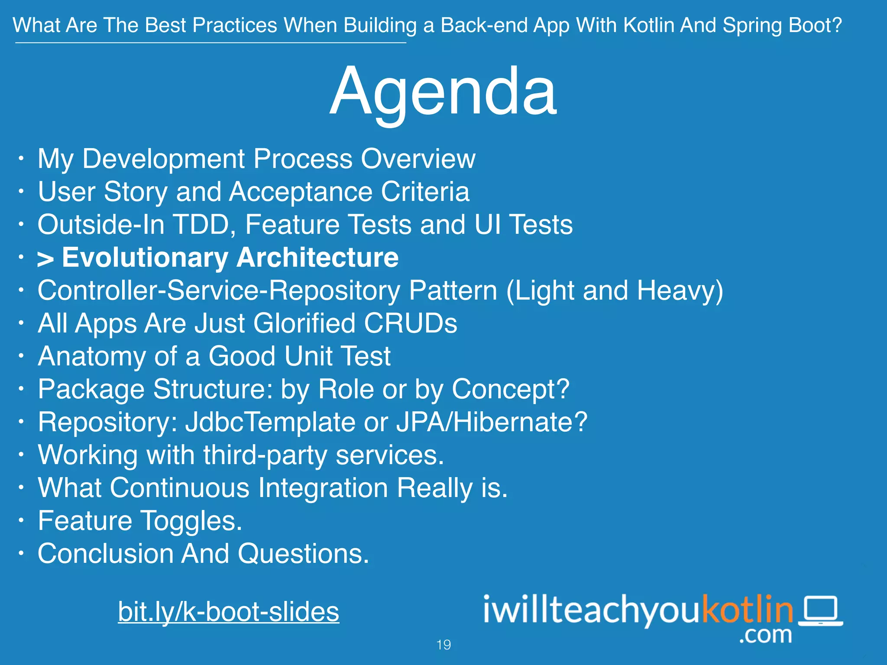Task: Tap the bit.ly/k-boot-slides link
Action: pyautogui.click(x=228, y=612)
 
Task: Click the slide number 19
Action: pyautogui.click(x=443, y=645)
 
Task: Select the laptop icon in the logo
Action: pyautogui.click(x=820, y=610)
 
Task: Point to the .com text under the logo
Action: pyautogui.click(x=765, y=635)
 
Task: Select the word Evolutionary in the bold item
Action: pyautogui.click(x=145, y=258)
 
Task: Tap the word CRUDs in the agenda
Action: pyautogui.click(x=410, y=323)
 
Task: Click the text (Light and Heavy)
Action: pyautogui.click(x=615, y=291)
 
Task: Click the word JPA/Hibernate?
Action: pyautogui.click(x=492, y=422)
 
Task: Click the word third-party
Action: pyautogui.click(x=265, y=455)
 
